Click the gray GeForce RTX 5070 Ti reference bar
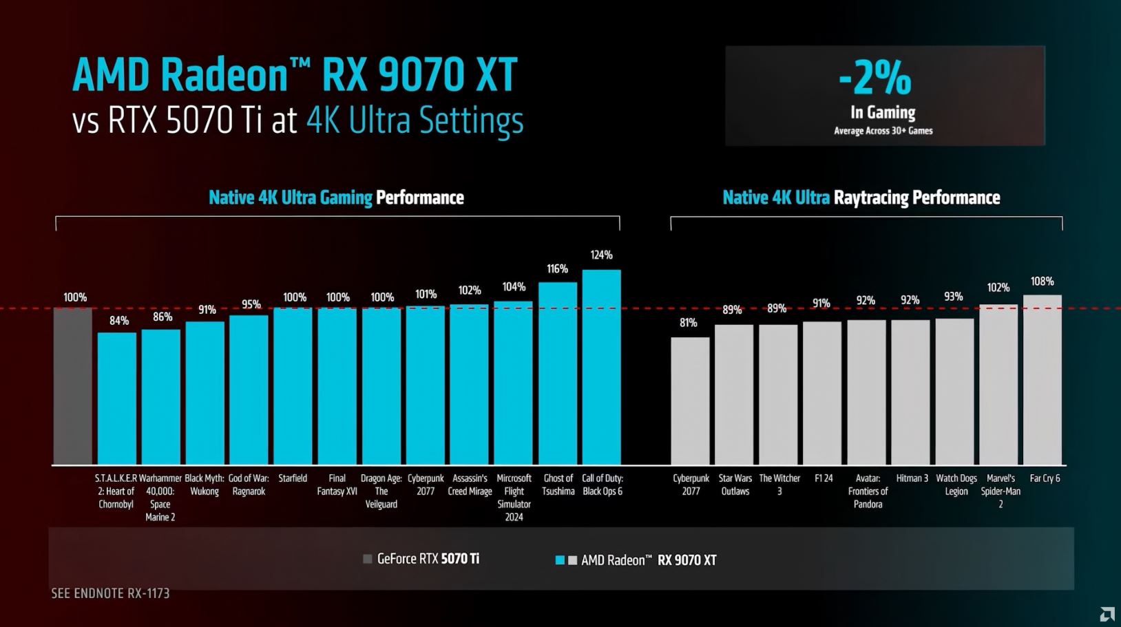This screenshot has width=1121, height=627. tap(73, 385)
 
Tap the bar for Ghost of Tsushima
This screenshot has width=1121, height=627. tap(558, 373)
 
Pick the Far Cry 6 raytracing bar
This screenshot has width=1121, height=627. tap(1042, 379)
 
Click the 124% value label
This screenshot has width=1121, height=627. tap(601, 255)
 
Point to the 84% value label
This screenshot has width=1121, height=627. tap(118, 321)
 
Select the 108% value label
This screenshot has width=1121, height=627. tap(1042, 281)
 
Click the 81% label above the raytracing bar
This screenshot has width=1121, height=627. tap(688, 323)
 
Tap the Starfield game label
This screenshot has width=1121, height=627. tap(293, 478)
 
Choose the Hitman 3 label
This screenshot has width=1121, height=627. tap(912, 478)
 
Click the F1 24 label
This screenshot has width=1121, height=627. tap(824, 478)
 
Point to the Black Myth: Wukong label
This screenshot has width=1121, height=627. tap(205, 485)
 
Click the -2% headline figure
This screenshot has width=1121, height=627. tap(875, 78)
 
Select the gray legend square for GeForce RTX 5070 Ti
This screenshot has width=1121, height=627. tap(368, 559)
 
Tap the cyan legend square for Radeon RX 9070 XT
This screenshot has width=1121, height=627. tap(560, 560)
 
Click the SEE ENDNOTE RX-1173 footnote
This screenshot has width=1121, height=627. tap(110, 593)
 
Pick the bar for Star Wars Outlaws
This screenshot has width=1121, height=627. tap(734, 394)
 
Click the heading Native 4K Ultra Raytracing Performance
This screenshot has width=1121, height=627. tap(861, 198)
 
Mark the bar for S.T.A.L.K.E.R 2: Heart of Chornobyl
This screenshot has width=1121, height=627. tap(117, 398)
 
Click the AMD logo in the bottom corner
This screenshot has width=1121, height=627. tap(1107, 614)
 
